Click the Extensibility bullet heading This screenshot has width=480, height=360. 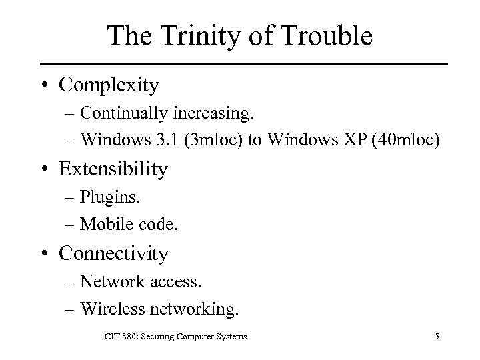click(x=113, y=169)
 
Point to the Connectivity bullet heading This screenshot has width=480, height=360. click(x=114, y=253)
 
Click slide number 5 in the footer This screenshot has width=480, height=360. click(x=436, y=337)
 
